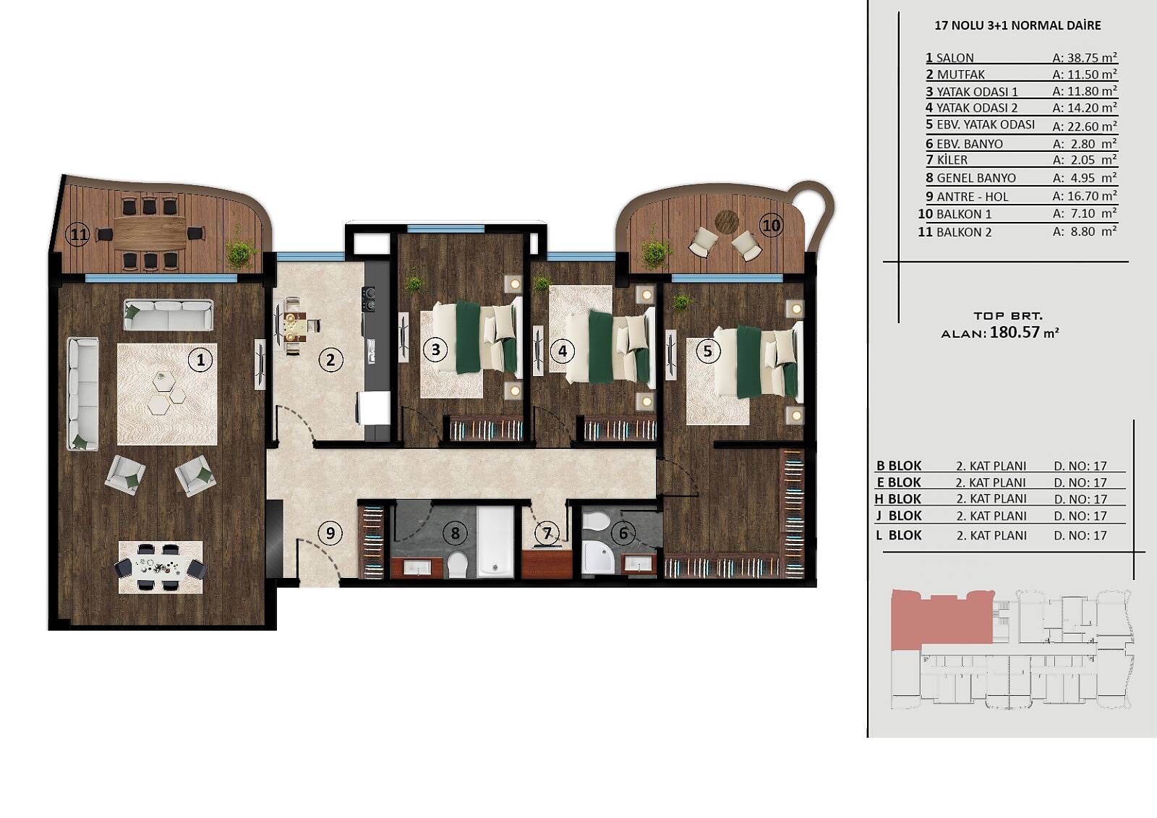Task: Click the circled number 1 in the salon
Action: pos(200,359)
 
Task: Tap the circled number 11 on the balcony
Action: pos(79,235)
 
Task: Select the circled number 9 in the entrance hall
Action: pos(330,533)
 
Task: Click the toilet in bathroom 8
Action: pos(457,565)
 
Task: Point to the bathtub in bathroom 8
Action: pos(495,542)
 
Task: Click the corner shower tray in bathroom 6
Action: pos(597,557)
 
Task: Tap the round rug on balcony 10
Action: pos(727,221)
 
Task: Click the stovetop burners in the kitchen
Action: pos(370,299)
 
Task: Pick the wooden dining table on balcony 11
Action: pos(150,233)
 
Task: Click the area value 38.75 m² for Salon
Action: pos(1085,57)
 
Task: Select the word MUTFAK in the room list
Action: pos(961,74)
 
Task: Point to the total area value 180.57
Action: pos(1015,332)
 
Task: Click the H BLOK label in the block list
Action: pos(897,498)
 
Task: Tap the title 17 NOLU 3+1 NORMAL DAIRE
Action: pos(1017,25)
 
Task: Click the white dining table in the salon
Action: pos(160,567)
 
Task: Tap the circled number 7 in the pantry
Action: pos(547,532)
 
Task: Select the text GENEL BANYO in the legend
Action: pos(976,178)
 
